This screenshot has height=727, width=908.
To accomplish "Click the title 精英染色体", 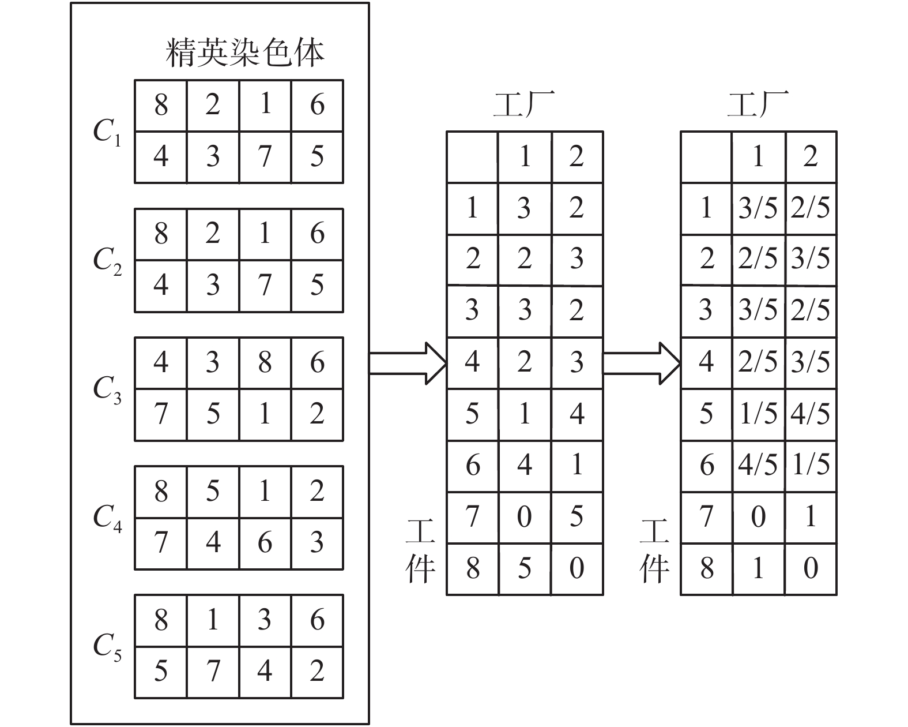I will tap(245, 53).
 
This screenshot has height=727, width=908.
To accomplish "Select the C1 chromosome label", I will tap(107, 132).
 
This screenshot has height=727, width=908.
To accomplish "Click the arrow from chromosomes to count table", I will tap(408, 363).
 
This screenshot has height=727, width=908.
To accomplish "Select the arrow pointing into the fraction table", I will tap(642, 363).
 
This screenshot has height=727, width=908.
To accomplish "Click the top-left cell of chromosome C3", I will tap(161, 363).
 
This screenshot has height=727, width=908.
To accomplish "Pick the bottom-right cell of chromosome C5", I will tap(317, 672).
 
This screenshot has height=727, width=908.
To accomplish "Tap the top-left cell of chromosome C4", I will tap(161, 492).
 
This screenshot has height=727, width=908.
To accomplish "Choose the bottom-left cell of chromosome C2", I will tap(161, 286).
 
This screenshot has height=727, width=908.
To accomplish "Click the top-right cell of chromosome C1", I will tap(317, 106).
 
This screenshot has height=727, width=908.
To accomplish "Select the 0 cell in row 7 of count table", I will tap(524, 517).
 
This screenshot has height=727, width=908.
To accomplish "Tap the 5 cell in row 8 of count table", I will tap(524, 569).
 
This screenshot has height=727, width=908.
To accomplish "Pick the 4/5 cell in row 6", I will tap(758, 466).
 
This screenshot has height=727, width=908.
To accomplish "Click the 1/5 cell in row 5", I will tap(758, 414).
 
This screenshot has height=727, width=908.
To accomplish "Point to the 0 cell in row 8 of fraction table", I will tap(811, 569).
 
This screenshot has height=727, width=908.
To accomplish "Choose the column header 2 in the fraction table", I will tap(811, 157).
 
